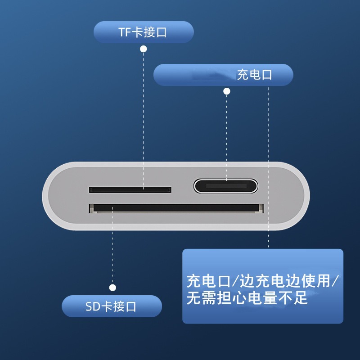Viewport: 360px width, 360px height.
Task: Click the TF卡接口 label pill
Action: click(144, 32)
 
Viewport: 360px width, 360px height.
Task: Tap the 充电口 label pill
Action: click(223, 75)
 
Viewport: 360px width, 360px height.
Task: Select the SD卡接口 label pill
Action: click(112, 306)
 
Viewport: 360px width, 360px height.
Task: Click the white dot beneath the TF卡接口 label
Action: click(144, 48)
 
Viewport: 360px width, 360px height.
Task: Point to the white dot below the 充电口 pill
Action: click(227, 91)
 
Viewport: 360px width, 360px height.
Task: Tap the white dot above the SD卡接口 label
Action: click(112, 288)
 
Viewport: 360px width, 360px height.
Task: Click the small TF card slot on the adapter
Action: click(130, 190)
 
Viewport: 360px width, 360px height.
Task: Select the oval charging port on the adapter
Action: click(226, 186)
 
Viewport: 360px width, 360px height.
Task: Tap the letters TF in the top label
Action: click(125, 32)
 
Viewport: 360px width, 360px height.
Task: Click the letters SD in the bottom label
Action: click(92, 307)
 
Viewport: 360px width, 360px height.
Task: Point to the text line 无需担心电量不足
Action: click(247, 297)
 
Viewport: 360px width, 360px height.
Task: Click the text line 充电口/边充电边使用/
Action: click(263, 281)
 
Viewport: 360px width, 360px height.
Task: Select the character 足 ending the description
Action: click(300, 297)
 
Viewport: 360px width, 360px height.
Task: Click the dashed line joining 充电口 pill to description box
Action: click(269, 166)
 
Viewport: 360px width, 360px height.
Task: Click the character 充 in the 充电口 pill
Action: click(243, 75)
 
